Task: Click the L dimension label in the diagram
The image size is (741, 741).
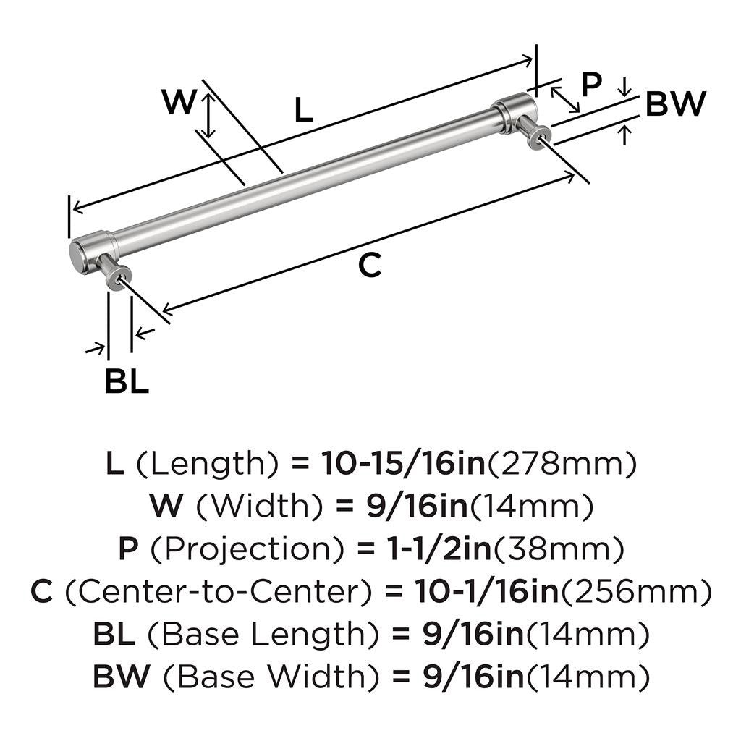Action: pos(304,110)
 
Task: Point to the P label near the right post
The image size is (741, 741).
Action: pos(591,85)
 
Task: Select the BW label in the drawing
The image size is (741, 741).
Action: pos(674,105)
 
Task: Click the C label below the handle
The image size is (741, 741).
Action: pos(369,266)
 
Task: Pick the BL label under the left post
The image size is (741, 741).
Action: pos(127,382)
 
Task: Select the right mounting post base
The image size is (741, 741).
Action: pos(541,134)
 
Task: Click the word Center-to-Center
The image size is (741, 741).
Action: pos(213,593)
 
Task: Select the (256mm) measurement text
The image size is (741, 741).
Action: pos(635,593)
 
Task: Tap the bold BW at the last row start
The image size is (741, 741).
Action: pos(121,678)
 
